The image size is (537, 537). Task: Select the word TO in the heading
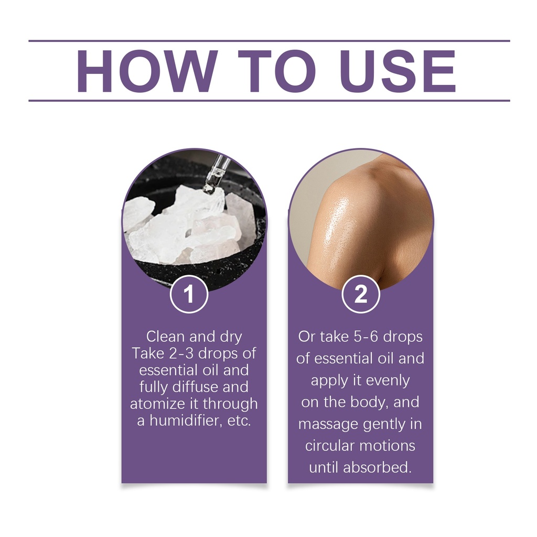click(x=277, y=71)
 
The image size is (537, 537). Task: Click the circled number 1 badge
click(x=189, y=294)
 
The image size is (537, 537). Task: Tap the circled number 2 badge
click(x=361, y=294)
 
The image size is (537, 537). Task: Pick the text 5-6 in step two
click(x=366, y=337)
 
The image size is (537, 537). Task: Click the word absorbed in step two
click(x=377, y=467)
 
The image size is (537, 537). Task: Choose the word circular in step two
click(x=328, y=446)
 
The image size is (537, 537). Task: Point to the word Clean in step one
click(x=165, y=337)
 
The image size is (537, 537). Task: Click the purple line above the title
click(x=269, y=41)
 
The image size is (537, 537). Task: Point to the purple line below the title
click(x=269, y=101)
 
